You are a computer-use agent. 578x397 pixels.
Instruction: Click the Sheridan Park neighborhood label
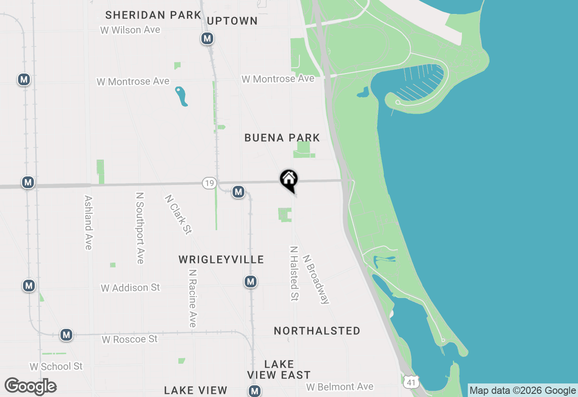click(153, 15)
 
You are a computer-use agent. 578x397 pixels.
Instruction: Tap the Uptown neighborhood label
click(232, 21)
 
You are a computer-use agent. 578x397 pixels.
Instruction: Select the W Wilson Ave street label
click(131, 30)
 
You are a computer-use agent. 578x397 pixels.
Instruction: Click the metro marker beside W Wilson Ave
click(207, 39)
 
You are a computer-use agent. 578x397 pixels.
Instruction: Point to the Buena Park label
click(282, 138)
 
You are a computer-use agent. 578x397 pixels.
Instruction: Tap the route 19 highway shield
click(209, 183)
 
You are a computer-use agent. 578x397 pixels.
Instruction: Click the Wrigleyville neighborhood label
click(221, 259)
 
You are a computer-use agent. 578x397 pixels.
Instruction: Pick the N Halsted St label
click(294, 273)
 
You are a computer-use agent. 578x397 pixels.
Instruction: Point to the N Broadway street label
click(316, 280)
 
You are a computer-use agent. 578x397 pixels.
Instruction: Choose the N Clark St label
click(178, 215)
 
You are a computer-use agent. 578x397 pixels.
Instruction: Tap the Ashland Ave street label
click(89, 222)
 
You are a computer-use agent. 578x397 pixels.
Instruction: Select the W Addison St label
click(131, 288)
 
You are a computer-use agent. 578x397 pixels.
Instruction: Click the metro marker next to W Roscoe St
click(67, 335)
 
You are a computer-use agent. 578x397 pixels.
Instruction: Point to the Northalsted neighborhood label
click(317, 331)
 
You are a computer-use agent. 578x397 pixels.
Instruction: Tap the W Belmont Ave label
click(340, 387)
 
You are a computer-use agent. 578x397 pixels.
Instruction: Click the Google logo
click(31, 386)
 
